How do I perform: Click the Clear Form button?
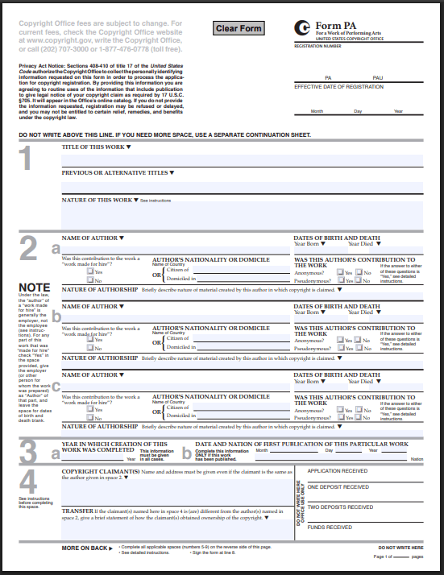coord(239,28)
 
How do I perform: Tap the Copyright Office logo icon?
coord(302,27)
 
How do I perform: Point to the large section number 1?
coord(27,159)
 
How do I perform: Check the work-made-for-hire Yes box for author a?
coord(92,272)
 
